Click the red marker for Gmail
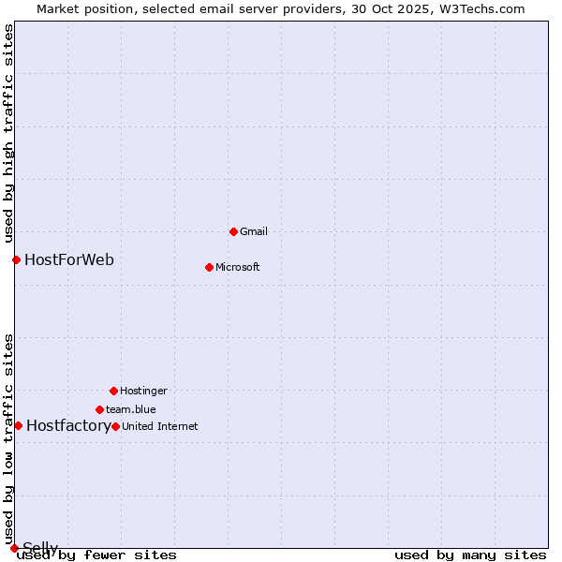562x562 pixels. (233, 231)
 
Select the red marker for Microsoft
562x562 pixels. (209, 267)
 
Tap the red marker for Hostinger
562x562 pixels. (113, 391)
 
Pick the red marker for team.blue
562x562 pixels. (99, 409)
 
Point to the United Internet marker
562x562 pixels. (115, 426)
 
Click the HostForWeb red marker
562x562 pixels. (16, 259)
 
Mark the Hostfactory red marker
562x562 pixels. (18, 425)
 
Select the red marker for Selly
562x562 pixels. (14, 548)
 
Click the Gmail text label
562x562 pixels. (254, 231)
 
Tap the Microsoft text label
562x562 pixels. (238, 267)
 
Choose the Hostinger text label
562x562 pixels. (143, 391)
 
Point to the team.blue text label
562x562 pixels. (131, 409)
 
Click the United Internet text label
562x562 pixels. (160, 426)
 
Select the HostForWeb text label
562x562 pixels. (69, 259)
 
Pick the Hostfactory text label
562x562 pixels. (68, 425)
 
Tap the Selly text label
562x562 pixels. (40, 547)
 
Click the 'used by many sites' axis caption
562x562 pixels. (470, 555)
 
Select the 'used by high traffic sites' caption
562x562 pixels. (8, 133)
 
